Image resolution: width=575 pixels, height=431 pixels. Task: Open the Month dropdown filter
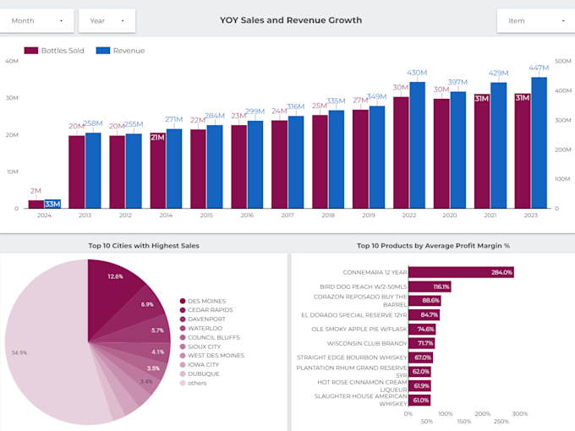[x=37, y=20]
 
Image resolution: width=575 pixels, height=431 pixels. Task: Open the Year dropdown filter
[x=112, y=20]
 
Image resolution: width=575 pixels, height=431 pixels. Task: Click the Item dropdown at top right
[x=531, y=20]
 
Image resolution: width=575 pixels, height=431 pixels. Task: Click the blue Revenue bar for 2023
[x=539, y=144]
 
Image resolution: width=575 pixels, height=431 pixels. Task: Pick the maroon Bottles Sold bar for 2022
[x=401, y=153]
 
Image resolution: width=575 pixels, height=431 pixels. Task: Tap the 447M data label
[x=539, y=68]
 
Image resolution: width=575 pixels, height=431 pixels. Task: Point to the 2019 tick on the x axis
[x=369, y=215]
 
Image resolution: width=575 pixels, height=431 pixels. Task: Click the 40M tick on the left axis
[x=12, y=61]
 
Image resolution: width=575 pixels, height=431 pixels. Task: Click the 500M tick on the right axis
[x=562, y=61]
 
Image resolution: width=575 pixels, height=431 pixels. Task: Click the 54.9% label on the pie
[x=20, y=352]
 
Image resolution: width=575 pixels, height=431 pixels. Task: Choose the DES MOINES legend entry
[x=207, y=301]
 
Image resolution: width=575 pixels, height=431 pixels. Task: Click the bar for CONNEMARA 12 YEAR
[x=461, y=272]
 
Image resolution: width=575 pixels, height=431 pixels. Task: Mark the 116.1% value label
[x=441, y=286]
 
